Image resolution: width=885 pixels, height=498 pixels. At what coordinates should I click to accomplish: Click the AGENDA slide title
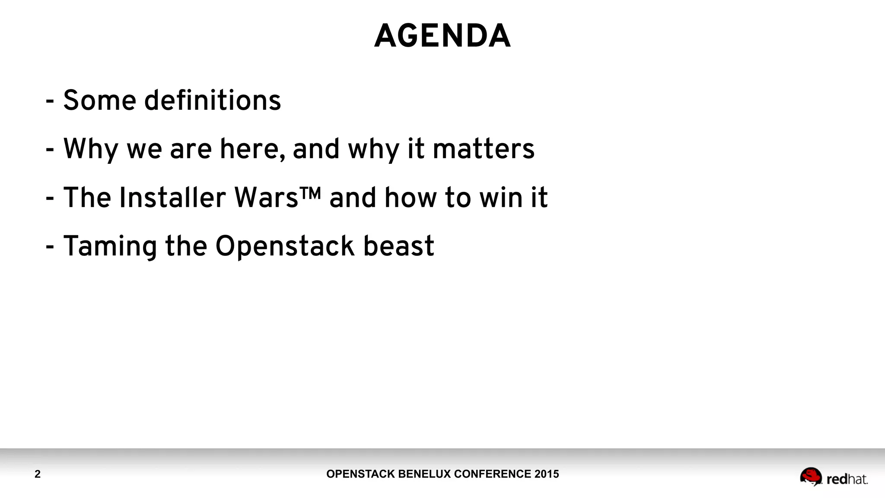pyautogui.click(x=442, y=36)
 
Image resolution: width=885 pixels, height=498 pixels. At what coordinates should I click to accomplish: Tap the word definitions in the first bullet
pyautogui.click(x=212, y=100)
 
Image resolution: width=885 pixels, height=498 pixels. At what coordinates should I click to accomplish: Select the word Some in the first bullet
pyautogui.click(x=100, y=100)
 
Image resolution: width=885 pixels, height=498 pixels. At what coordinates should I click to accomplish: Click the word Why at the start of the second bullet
pyautogui.click(x=91, y=149)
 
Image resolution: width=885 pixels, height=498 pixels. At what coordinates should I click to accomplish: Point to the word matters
pyautogui.click(x=484, y=149)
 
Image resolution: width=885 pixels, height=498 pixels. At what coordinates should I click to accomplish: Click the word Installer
pyautogui.click(x=172, y=198)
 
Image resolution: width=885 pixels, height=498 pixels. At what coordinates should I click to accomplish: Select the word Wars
pyautogui.click(x=266, y=198)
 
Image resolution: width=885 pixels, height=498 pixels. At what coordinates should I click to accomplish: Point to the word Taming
pyautogui.click(x=110, y=246)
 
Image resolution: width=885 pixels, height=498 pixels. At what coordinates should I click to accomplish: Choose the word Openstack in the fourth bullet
pyautogui.click(x=284, y=246)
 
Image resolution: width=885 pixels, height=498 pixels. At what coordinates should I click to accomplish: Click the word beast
pyautogui.click(x=398, y=246)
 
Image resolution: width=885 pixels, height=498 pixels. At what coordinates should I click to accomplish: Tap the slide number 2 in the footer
pyautogui.click(x=38, y=474)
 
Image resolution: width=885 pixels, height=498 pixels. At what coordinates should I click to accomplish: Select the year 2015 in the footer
pyautogui.click(x=547, y=474)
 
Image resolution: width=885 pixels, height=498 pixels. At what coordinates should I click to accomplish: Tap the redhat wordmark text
pyautogui.click(x=847, y=479)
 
